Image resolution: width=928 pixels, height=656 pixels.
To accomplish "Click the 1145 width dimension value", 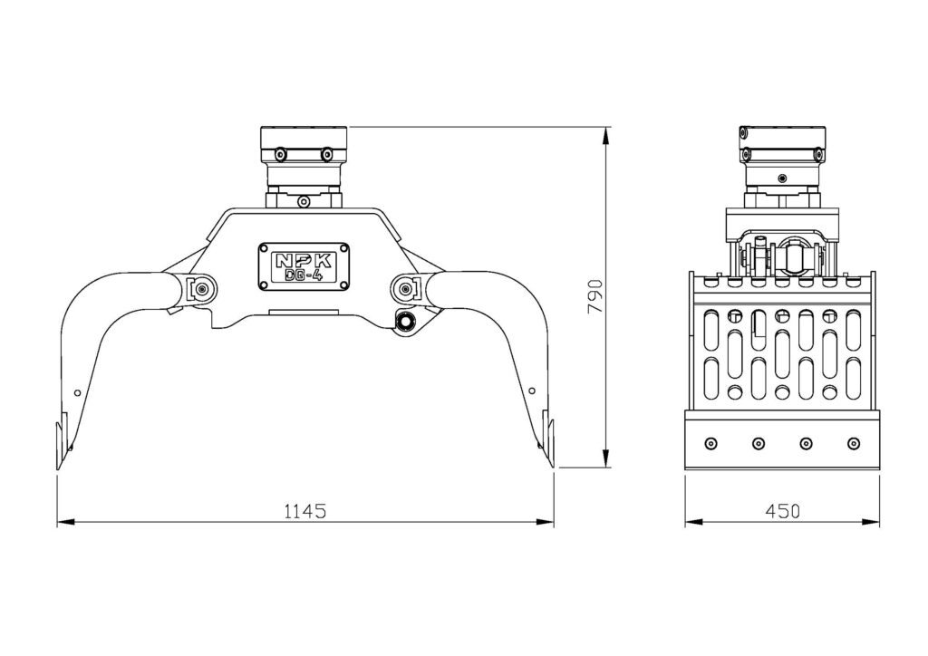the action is pyautogui.click(x=305, y=510).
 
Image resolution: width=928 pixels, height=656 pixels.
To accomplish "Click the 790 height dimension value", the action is pyautogui.click(x=594, y=296).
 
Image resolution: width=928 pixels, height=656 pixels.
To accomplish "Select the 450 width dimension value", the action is pyautogui.click(x=782, y=510).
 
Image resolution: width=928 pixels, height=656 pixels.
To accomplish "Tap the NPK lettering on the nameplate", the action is pyautogui.click(x=304, y=260).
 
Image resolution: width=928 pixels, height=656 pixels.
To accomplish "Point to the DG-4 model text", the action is pyautogui.click(x=304, y=275).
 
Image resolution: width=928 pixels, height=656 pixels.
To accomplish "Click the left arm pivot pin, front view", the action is pyautogui.click(x=202, y=289).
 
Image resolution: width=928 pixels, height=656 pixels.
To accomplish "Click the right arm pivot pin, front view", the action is pyautogui.click(x=405, y=289).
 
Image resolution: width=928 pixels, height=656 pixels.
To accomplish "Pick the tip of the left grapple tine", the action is pyautogui.click(x=58, y=469).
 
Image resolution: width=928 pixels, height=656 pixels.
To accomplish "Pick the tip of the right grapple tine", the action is pyautogui.click(x=552, y=468).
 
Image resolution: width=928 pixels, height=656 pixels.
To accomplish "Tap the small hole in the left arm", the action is pyautogui.click(x=77, y=391).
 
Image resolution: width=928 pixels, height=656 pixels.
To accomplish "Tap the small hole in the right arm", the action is pyautogui.click(x=531, y=391).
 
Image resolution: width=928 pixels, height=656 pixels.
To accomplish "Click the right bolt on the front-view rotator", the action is pyautogui.click(x=326, y=154).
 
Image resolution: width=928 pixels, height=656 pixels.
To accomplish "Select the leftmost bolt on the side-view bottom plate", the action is pyautogui.click(x=710, y=443).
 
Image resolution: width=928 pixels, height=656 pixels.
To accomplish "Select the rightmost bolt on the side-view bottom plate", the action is pyautogui.click(x=854, y=443).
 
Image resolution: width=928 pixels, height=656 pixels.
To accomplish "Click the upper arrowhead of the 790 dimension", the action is pyautogui.click(x=605, y=136).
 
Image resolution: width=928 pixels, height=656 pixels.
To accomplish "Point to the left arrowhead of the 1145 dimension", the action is pyautogui.click(x=66, y=522).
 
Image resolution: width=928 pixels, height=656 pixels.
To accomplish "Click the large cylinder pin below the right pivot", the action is pyautogui.click(x=407, y=322).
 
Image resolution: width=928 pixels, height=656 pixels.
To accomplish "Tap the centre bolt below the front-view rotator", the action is pyautogui.click(x=304, y=202).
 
